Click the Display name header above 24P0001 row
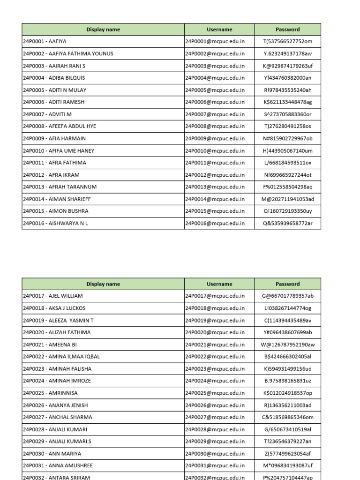(x=103, y=30)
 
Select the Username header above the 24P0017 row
(x=219, y=284)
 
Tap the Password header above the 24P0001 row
(x=288, y=30)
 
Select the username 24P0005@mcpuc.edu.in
(x=215, y=90)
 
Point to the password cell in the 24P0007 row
(x=288, y=114)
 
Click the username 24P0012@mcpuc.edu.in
(x=215, y=175)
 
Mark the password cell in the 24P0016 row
(x=288, y=224)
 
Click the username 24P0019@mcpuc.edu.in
(x=215, y=321)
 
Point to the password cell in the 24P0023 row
(x=288, y=369)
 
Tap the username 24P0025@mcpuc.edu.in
(x=215, y=393)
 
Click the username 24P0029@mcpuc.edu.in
(x=215, y=442)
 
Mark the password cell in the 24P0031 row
(x=288, y=466)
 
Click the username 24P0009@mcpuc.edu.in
(x=215, y=139)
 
